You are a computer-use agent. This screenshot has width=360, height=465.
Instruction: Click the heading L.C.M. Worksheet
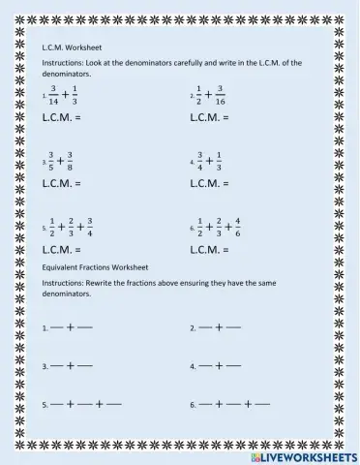click(x=72, y=46)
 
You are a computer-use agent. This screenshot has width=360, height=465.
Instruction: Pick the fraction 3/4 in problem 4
click(x=201, y=161)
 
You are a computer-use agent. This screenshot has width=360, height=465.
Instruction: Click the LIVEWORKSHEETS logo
click(x=303, y=453)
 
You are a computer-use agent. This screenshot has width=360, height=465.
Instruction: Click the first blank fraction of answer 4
click(x=204, y=366)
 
